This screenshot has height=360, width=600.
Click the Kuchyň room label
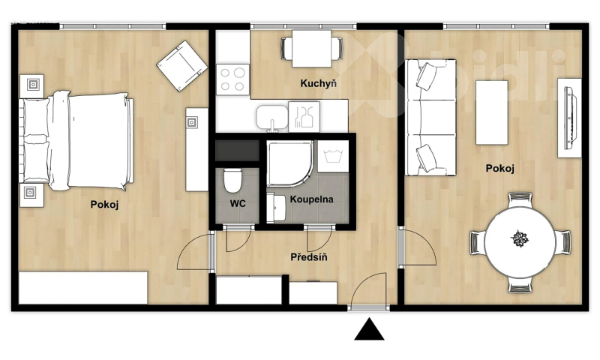(318, 84)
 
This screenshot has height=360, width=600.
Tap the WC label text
(238, 203)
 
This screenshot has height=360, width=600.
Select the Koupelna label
(311, 199)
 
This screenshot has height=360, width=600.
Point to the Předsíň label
(309, 256)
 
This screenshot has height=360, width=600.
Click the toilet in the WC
(232, 181)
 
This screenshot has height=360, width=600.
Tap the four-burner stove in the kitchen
(232, 79)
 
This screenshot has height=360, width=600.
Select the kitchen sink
(272, 117)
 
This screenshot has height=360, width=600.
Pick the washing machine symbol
(333, 156)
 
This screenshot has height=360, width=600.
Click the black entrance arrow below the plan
(369, 330)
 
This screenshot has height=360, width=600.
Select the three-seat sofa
(430, 118)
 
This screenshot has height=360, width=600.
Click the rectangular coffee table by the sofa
(492, 112)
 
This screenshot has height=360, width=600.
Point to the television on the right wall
(570, 118)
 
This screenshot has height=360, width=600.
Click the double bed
(76, 141)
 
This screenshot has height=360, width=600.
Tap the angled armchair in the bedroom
(182, 66)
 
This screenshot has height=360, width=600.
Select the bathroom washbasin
(276, 208)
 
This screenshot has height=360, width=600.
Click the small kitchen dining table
(311, 49)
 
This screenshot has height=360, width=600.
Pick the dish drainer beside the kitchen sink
(304, 116)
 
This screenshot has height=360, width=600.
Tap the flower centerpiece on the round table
(520, 238)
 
